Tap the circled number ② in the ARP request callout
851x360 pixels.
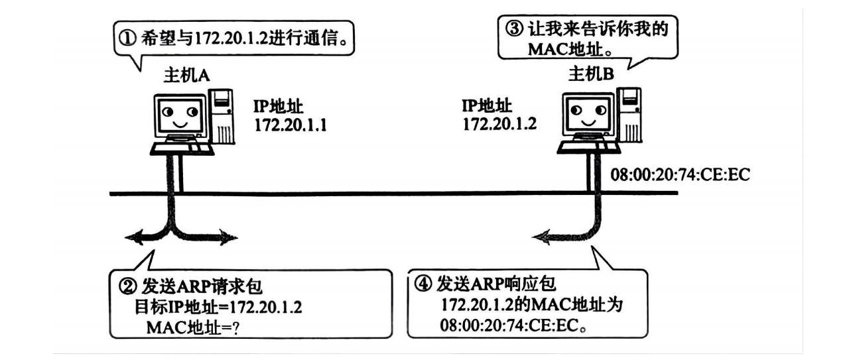pyautogui.click(x=127, y=287)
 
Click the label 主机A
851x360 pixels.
pyautogui.click(x=187, y=75)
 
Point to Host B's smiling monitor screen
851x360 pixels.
pyautogui.click(x=583, y=111)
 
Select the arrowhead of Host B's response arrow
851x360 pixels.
pyautogui.click(x=543, y=235)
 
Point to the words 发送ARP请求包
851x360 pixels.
pyautogui.click(x=192, y=287)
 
